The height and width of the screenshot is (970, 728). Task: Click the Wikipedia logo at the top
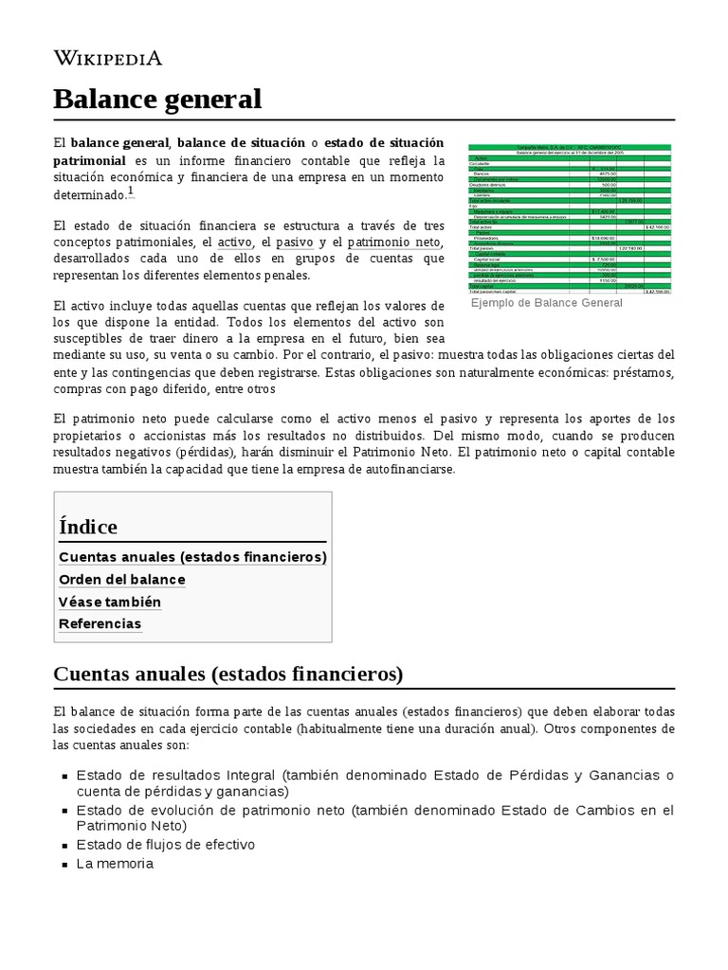click(x=108, y=58)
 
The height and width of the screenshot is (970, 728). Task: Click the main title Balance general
click(x=156, y=98)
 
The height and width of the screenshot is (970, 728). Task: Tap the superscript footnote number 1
click(x=131, y=191)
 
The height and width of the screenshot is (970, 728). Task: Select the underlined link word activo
click(x=235, y=242)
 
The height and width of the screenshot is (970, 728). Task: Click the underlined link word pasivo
click(x=293, y=242)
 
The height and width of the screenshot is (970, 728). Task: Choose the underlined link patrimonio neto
click(x=394, y=242)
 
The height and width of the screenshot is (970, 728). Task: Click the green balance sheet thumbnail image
click(x=569, y=218)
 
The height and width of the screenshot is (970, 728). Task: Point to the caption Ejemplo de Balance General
click(x=546, y=303)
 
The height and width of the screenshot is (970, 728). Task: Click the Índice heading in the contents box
click(x=88, y=527)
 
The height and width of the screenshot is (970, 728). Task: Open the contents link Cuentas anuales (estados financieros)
click(x=192, y=557)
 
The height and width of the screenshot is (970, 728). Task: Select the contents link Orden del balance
click(x=122, y=580)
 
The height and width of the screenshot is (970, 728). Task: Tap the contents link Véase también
click(x=110, y=602)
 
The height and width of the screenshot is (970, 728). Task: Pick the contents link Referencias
click(x=100, y=624)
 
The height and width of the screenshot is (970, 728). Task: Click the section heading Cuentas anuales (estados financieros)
click(x=228, y=674)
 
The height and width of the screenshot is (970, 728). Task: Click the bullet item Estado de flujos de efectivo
click(x=165, y=844)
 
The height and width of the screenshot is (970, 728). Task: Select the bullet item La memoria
click(x=115, y=864)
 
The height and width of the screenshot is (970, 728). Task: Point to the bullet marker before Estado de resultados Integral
click(x=64, y=776)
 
